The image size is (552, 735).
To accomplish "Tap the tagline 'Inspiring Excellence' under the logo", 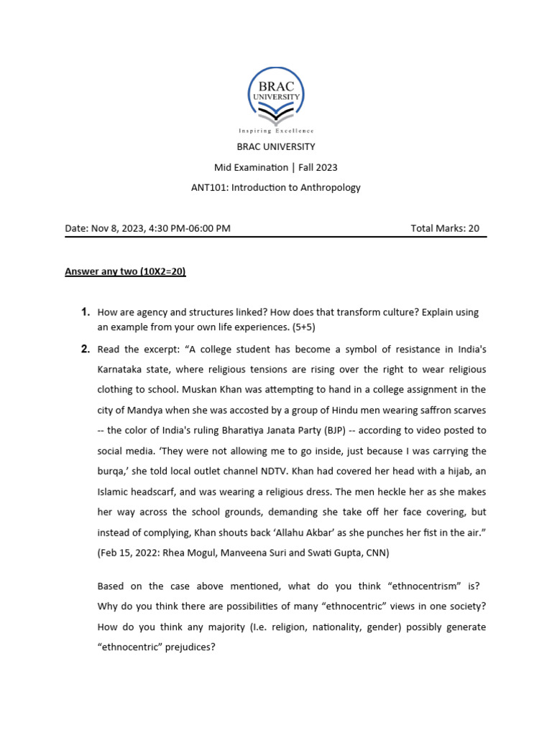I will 276,131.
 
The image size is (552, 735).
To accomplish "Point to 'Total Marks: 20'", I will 444,228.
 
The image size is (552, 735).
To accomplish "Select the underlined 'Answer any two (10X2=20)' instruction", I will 126,272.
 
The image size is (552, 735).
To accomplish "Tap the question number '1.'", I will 84,312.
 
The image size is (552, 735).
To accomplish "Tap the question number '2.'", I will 84,350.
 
